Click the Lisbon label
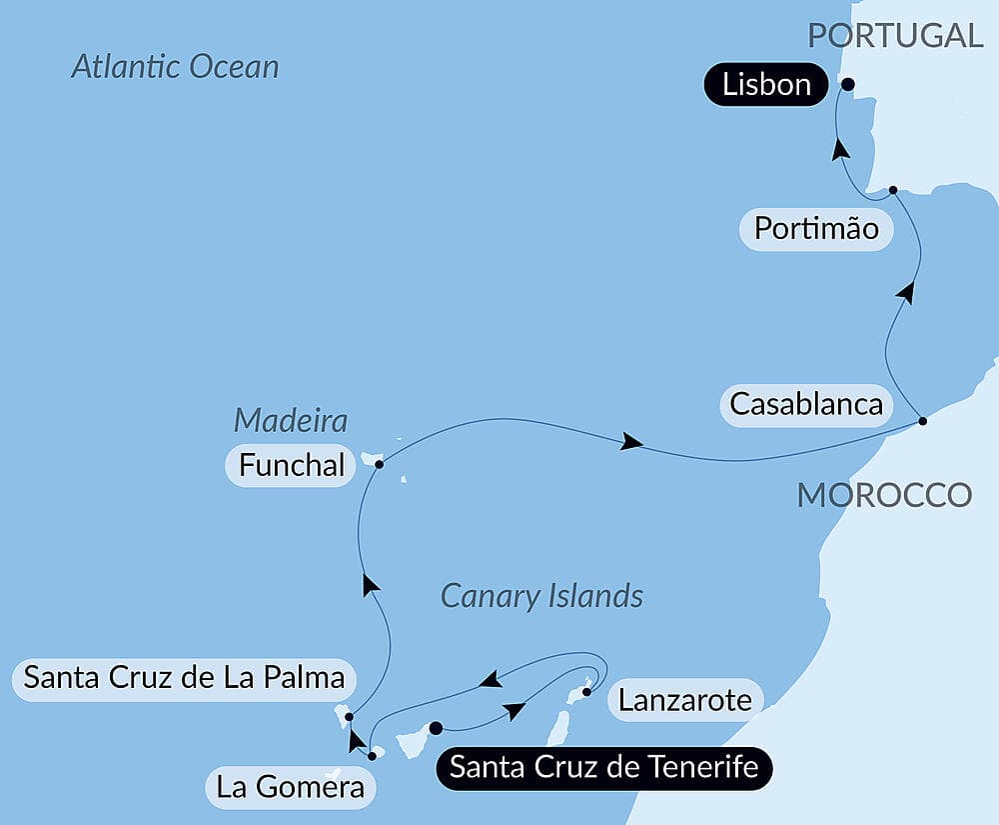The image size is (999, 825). coord(766,85)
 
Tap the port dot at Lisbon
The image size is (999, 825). coord(847,84)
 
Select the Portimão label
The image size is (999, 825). coord(816,229)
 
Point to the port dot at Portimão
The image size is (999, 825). coord(893,189)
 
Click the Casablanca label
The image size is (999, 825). coord(806,405)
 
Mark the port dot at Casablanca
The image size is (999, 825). coord(922,421)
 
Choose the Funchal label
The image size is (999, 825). coord(291,465)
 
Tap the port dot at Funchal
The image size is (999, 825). coord(379,464)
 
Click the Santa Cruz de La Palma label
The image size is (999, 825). coord(184,678)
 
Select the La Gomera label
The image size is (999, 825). coord(291,788)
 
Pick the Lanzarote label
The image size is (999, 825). coord(684,700)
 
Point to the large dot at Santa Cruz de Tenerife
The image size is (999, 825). coord(436,728)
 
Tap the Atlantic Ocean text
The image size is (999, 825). coord(175,67)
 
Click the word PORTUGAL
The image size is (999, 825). coord(895,35)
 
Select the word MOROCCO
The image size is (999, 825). coord(884,494)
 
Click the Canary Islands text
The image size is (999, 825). coord(541,597)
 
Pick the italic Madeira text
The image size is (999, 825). coord(291,420)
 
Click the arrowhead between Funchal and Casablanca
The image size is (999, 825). coord(630,442)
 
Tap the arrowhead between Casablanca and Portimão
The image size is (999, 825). coord(906,291)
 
